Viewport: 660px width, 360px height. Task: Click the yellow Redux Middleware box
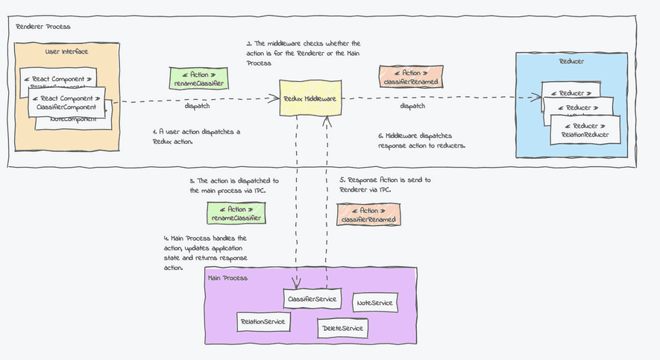310,98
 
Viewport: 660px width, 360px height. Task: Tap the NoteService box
374,303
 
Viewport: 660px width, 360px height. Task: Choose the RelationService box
263,321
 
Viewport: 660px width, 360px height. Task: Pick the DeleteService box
343,328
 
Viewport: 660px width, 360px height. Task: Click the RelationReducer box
585,130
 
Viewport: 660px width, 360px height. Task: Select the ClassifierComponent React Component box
67,103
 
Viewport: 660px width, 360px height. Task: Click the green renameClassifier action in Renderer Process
198,78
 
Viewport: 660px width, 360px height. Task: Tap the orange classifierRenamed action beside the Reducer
408,77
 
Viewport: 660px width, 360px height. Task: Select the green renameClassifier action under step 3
236,214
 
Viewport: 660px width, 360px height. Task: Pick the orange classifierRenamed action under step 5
368,215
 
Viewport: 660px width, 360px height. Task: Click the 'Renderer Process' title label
43,27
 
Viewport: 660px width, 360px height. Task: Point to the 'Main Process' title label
228,277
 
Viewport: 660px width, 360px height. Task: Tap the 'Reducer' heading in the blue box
572,61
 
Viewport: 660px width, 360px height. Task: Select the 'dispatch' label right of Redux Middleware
413,106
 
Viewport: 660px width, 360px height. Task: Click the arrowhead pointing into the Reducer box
536,98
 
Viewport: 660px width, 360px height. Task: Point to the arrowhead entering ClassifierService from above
297,283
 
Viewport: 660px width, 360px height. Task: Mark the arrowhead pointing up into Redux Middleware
325,121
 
